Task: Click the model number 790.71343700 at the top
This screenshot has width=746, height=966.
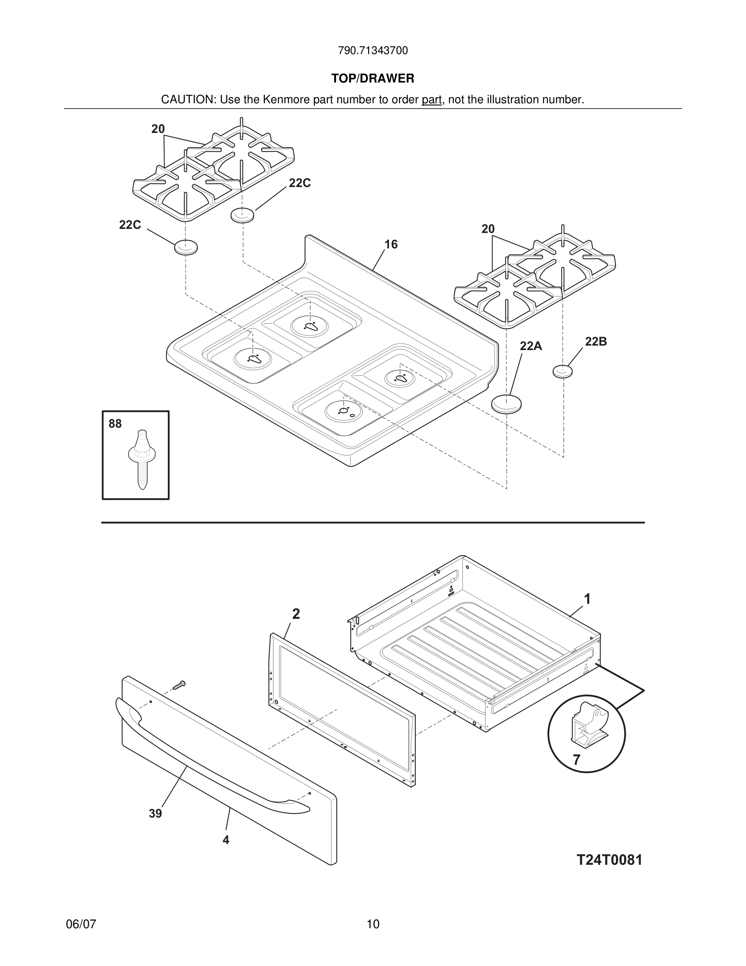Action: (373, 51)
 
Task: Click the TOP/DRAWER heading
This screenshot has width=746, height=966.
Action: (373, 79)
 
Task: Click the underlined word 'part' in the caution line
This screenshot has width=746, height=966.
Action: (432, 100)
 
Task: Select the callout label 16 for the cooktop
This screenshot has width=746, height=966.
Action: (391, 245)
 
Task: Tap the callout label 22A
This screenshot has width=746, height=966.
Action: (530, 346)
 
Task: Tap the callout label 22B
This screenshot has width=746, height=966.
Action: (596, 342)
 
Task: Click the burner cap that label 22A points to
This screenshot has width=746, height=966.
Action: (506, 404)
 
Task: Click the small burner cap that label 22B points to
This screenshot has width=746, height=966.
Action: (563, 371)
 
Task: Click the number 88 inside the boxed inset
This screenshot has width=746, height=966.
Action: (115, 424)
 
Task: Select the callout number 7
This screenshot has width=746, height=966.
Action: (576, 760)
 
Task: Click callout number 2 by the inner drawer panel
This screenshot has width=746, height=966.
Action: (296, 614)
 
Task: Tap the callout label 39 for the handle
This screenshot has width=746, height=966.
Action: (155, 814)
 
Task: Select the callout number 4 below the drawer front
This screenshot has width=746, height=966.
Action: (226, 840)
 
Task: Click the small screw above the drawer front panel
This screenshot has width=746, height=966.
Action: (179, 685)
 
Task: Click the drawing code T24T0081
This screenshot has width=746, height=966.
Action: (609, 860)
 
